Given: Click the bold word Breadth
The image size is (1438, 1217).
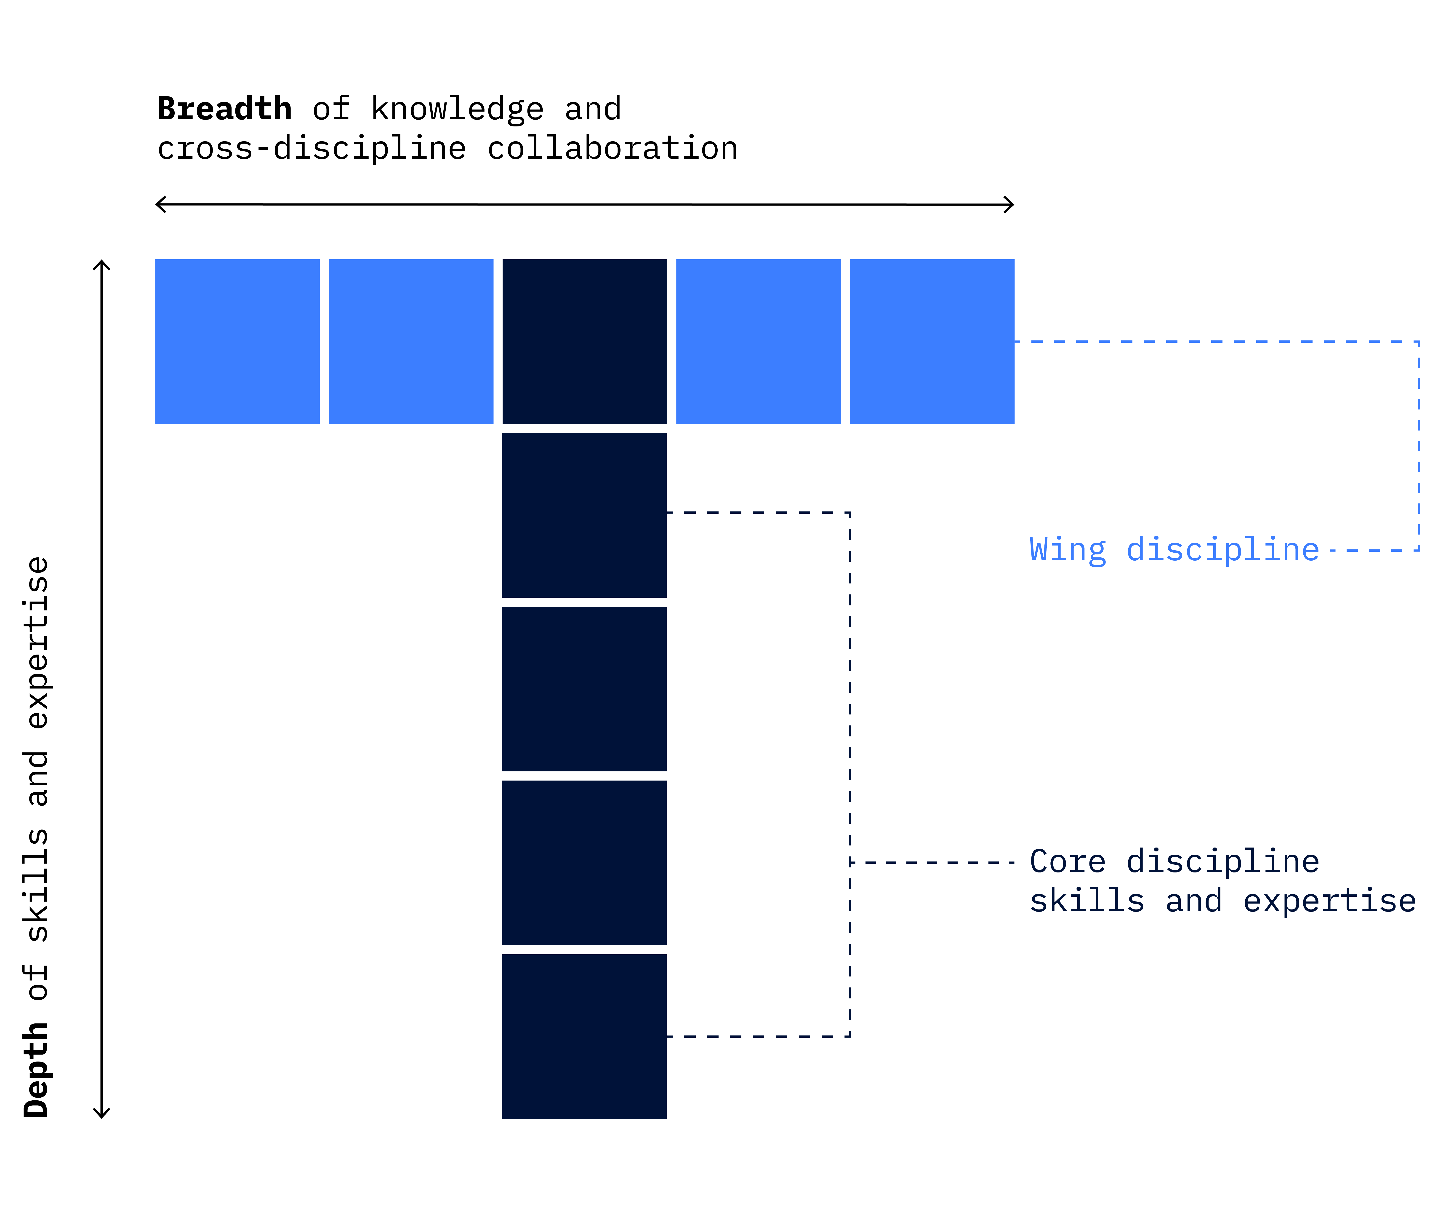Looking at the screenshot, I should [224, 109].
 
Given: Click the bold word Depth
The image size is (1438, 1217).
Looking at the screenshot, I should [36, 1069].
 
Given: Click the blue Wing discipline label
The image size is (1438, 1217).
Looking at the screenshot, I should [1174, 550].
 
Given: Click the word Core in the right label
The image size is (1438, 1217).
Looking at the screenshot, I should [1067, 862].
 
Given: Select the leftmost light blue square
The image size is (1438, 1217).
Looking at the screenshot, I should [237, 342].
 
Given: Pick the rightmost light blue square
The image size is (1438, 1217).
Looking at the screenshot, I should [932, 342].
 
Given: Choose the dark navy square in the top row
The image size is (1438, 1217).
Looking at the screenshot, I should [584, 342].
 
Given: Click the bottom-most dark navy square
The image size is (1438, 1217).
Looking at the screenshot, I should [584, 1036].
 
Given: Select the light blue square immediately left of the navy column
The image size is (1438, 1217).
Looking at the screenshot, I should [411, 342].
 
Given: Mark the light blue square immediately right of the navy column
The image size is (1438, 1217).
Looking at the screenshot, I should [758, 342].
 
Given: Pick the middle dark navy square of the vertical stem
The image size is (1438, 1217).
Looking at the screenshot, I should [584, 689].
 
